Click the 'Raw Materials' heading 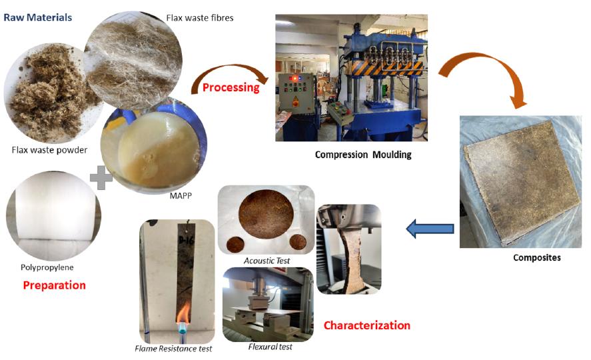click(x=37, y=17)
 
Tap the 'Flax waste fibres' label click(x=201, y=17)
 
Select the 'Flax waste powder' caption click(x=49, y=150)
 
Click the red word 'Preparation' click(x=54, y=285)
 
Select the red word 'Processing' click(x=231, y=87)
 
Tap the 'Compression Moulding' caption click(x=363, y=155)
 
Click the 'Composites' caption click(x=536, y=257)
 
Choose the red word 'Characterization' click(x=366, y=325)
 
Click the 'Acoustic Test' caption click(x=267, y=261)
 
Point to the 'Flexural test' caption click(x=270, y=347)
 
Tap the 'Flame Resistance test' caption click(x=173, y=349)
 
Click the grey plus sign click(x=101, y=177)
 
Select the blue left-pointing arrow click(x=430, y=229)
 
